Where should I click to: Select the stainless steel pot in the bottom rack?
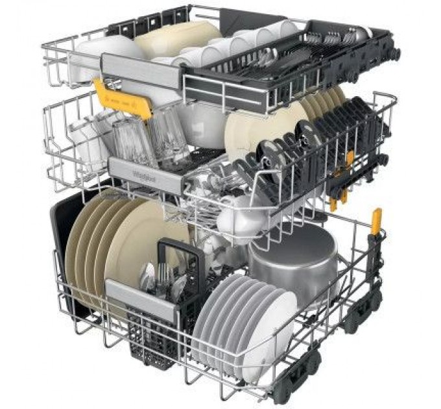293,260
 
